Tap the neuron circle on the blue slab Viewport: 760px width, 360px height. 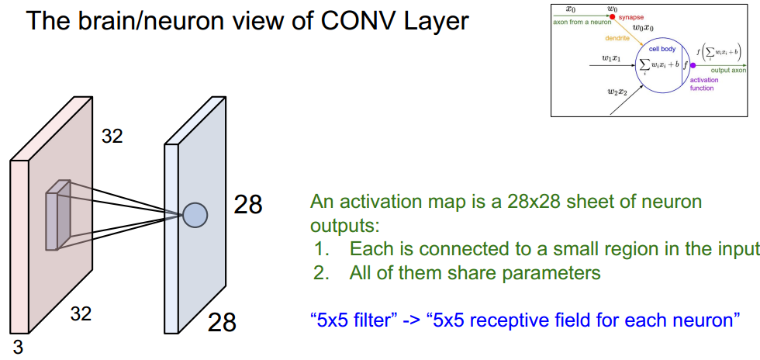click(x=195, y=213)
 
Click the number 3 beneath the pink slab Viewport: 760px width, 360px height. click(x=18, y=347)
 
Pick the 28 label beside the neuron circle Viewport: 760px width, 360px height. click(x=248, y=205)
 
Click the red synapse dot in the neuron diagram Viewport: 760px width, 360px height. click(x=612, y=16)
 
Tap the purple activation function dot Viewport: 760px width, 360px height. click(x=693, y=66)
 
